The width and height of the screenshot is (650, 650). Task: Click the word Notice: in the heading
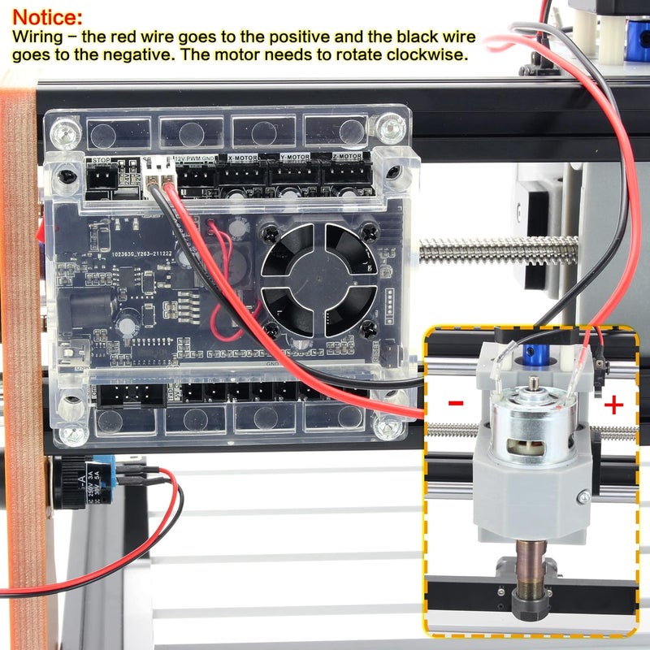pyautogui.click(x=47, y=17)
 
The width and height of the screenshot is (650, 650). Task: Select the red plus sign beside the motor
pyautogui.click(x=613, y=404)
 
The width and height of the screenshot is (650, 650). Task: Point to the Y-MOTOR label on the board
pyautogui.click(x=294, y=156)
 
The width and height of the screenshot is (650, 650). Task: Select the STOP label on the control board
pyautogui.click(x=102, y=161)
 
